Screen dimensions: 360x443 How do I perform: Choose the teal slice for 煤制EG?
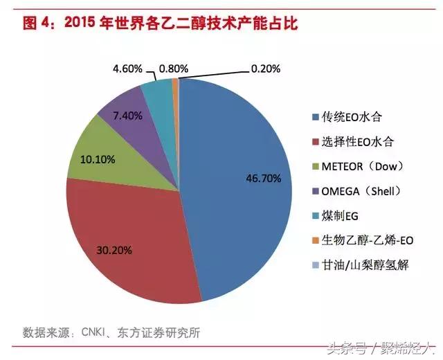158,93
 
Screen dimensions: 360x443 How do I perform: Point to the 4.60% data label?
127,69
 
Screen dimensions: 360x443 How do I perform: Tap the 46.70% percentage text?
263,178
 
